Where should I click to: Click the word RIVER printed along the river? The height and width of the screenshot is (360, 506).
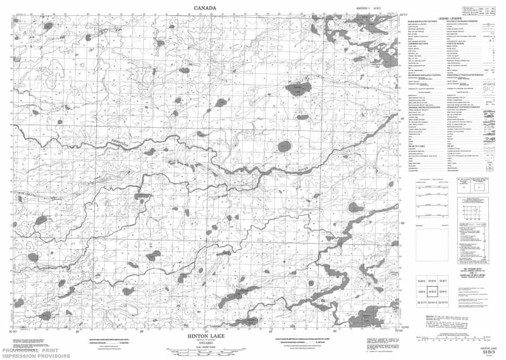[305, 170]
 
